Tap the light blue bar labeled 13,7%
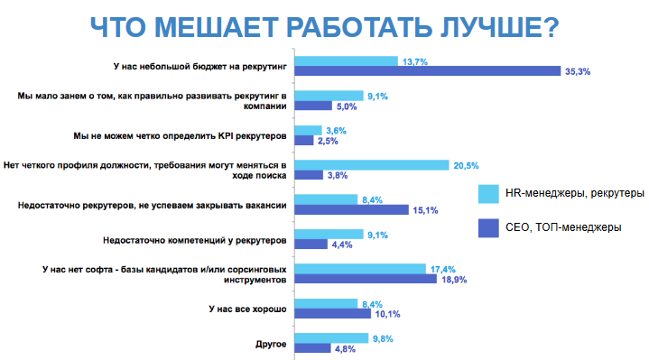[x=347, y=61]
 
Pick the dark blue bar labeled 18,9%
[x=366, y=280]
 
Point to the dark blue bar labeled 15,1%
[x=351, y=210]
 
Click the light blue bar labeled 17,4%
[x=360, y=268]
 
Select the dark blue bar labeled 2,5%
[x=304, y=141]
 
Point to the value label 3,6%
[x=335, y=130]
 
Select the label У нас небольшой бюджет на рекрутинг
[x=199, y=66]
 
